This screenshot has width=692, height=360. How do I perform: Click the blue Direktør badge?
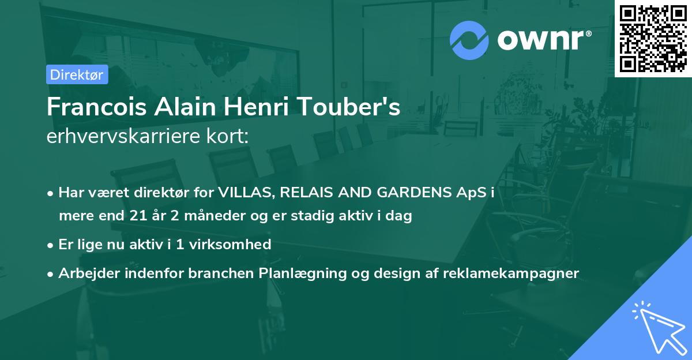(x=77, y=74)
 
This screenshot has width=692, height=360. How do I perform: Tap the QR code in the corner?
(x=653, y=39)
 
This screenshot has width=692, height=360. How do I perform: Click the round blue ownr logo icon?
(x=469, y=40)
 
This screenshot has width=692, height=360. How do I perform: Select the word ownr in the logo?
(x=541, y=40)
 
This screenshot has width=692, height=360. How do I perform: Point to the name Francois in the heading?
(x=97, y=107)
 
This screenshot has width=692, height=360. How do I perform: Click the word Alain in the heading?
(x=185, y=107)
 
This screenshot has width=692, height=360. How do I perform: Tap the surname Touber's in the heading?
(x=349, y=107)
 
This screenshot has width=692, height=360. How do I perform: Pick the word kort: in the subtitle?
(x=228, y=136)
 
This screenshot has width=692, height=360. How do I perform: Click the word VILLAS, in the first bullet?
(x=247, y=193)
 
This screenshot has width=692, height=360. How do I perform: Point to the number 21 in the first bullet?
(x=138, y=215)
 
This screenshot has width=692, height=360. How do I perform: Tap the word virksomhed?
(x=230, y=244)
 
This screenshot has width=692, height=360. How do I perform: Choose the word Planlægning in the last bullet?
(x=302, y=273)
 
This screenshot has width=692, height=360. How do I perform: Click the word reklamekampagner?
(x=511, y=273)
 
